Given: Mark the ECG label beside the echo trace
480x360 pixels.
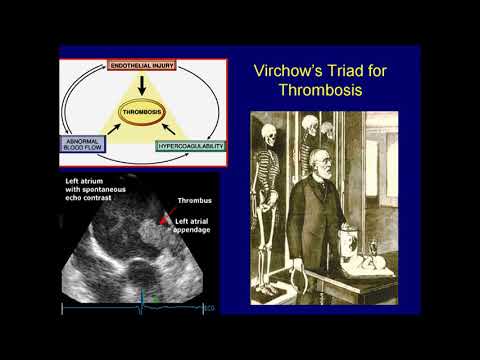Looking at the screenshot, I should (209, 307).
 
